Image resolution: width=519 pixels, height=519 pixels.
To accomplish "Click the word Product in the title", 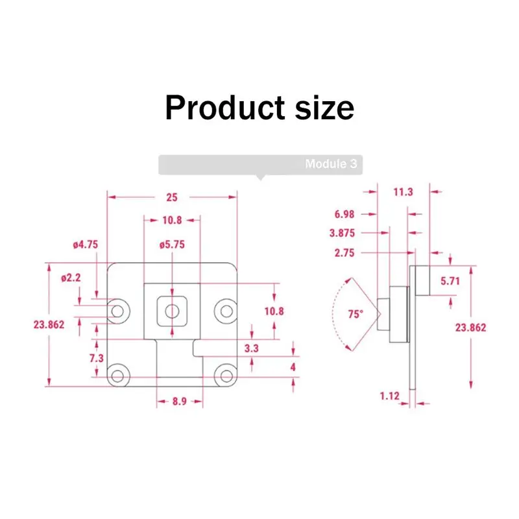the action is point(225,108).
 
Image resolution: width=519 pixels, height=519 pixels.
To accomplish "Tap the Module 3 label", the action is point(331,164).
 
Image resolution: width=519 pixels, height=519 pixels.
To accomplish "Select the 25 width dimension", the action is point(172,198).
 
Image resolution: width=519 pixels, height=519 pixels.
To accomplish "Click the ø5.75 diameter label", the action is point(172,245).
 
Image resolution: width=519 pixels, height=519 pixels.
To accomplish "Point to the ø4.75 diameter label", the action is point(86,245).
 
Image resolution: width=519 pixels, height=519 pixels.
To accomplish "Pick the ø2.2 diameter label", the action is point(71,278).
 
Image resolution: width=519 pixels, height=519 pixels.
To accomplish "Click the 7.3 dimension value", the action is point(96,358).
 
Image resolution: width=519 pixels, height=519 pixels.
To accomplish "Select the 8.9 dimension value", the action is point(180,402).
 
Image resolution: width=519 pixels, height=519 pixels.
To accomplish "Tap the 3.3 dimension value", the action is point(251,348).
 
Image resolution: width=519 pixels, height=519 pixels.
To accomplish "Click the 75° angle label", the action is point(356,314).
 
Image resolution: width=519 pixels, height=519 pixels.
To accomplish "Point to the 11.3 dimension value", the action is point(403,192).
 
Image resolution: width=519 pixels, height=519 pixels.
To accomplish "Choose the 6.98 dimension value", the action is point(344,214).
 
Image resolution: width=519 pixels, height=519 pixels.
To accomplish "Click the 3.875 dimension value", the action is point(342,233).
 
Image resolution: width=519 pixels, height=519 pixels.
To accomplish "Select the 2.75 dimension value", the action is point(344,253).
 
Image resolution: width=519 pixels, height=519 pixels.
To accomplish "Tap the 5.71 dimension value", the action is point(450,281).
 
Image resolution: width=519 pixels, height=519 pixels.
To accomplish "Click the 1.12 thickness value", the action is point(389,396).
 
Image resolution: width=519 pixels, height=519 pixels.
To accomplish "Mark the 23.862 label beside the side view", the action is point(470,328).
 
